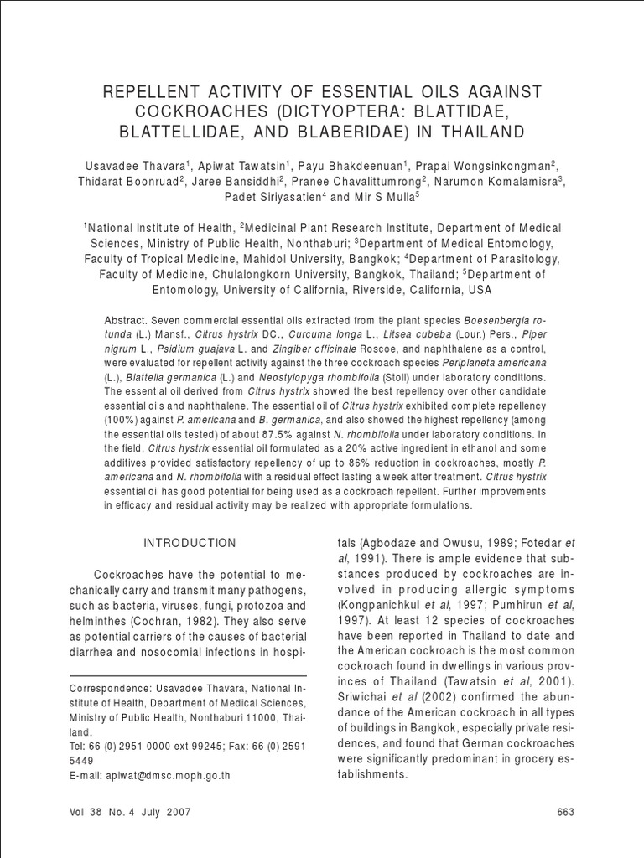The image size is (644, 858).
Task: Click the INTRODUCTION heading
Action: point(190,543)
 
